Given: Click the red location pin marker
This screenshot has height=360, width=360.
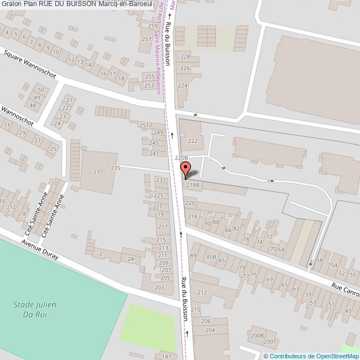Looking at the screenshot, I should (185, 170).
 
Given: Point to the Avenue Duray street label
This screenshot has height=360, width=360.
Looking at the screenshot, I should (40, 251).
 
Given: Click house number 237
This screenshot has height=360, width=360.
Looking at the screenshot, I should (98, 172).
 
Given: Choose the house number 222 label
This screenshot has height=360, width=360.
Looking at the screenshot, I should (193, 141).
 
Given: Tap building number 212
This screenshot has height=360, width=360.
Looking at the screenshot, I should (202, 292).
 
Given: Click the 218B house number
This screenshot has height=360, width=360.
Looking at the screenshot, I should (192, 185).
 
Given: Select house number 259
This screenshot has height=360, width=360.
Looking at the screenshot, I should (153, 26).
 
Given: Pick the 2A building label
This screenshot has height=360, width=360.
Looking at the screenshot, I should (131, 259).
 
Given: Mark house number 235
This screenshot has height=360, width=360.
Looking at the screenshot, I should (115, 168).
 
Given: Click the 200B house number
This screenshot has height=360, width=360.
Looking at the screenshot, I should (256, 336).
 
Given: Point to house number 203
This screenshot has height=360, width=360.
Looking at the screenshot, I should (159, 287).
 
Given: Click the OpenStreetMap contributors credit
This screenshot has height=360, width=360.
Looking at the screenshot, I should (311, 356).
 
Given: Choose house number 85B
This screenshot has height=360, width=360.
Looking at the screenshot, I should (210, 256).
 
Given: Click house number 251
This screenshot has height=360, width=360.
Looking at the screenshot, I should (144, 126).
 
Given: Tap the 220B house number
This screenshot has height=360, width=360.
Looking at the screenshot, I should (182, 158).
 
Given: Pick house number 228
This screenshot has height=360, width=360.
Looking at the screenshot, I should (185, 57).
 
